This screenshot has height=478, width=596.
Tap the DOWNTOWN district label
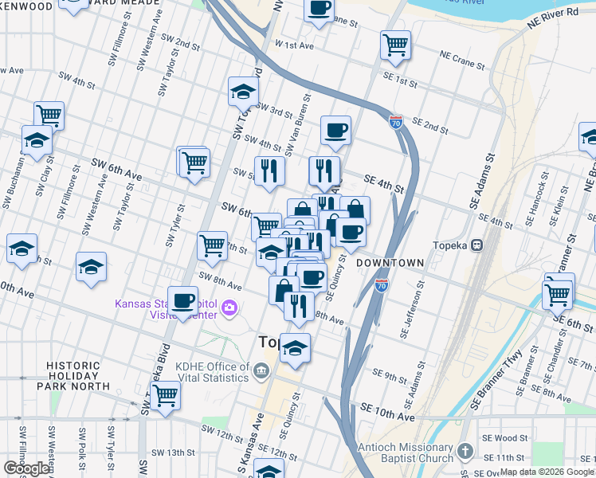point(390,262)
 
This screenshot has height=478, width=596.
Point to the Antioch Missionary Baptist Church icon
point(467,453)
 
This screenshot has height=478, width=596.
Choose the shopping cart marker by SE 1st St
point(395,45)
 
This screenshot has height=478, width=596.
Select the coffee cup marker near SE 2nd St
point(335,131)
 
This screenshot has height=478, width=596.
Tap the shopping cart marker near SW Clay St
point(49,115)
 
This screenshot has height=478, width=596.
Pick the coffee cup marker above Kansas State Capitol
point(183,300)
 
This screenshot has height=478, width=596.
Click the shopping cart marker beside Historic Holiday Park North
point(165,394)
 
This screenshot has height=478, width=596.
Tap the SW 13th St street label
point(175,453)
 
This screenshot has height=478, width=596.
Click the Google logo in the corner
point(26,468)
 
